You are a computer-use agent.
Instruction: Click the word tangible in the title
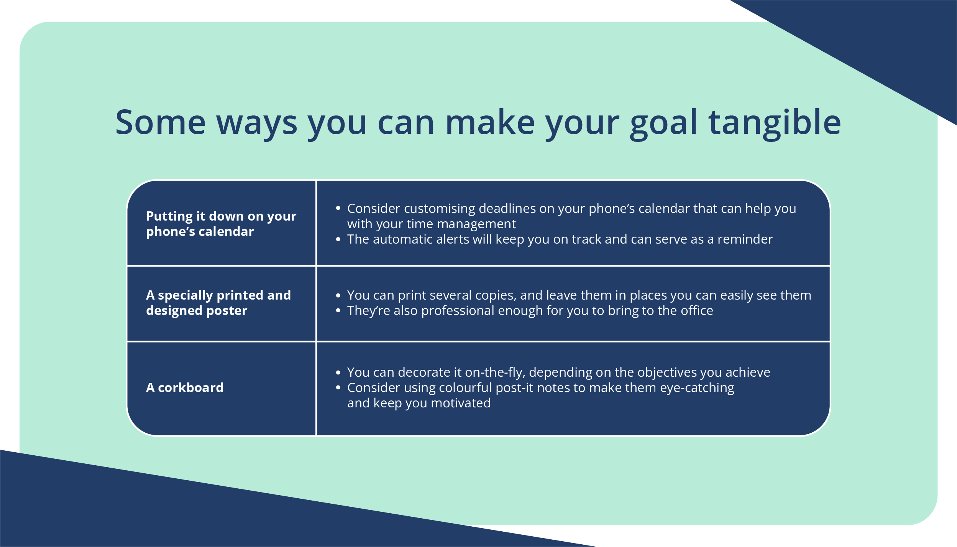(x=775, y=123)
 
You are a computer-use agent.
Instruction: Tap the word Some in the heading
(x=161, y=123)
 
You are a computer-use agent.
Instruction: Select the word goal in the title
(x=663, y=123)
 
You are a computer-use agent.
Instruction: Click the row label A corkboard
(x=185, y=387)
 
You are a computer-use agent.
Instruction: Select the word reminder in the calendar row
(x=745, y=239)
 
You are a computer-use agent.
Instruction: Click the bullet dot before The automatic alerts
(x=338, y=239)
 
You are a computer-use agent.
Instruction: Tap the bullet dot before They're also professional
(x=338, y=310)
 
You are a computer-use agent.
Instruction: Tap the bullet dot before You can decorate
(x=338, y=372)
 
